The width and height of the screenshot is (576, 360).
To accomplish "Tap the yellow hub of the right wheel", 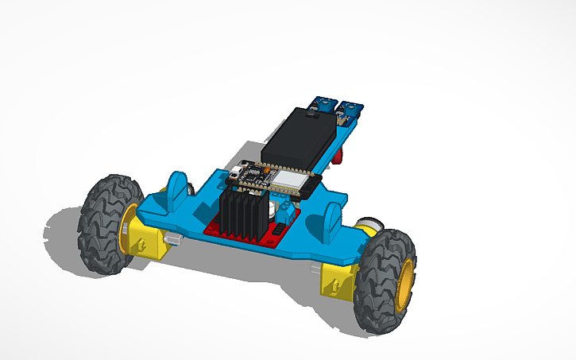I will pos(407,285).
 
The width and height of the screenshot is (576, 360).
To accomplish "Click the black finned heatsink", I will pos(242,215).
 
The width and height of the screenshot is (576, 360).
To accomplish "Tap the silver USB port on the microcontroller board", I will pos(238,172).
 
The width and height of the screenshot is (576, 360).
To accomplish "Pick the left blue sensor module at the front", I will pos(323,104).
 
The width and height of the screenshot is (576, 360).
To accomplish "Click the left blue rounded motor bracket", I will pos(179,189).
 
